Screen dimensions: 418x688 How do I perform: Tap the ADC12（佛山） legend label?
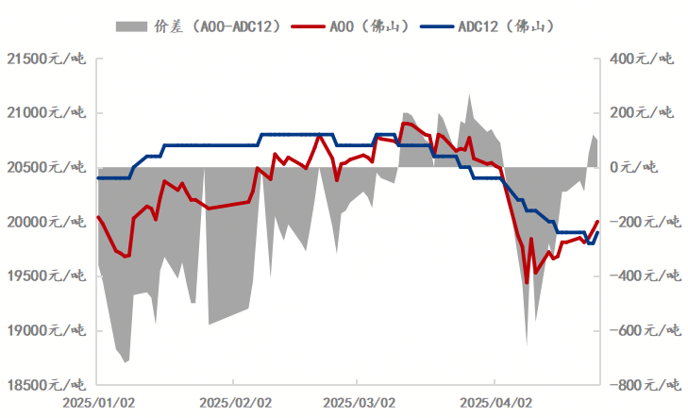(505, 26)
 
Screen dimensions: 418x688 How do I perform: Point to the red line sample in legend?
(306, 26)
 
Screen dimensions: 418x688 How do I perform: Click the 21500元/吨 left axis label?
(45, 59)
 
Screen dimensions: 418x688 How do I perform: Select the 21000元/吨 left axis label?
(45, 114)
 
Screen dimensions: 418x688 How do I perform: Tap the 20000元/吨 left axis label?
(45, 223)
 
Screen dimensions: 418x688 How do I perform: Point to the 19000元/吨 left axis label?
(45, 331)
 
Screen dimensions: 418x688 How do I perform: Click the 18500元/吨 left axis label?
(45, 385)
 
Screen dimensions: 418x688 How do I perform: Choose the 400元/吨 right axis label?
(643, 59)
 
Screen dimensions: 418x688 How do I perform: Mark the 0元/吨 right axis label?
(649, 168)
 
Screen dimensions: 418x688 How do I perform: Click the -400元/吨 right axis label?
(640, 276)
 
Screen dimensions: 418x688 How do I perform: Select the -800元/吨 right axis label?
(640, 385)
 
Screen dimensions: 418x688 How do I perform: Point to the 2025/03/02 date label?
(358, 402)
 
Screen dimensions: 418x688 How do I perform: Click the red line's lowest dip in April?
(527, 281)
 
